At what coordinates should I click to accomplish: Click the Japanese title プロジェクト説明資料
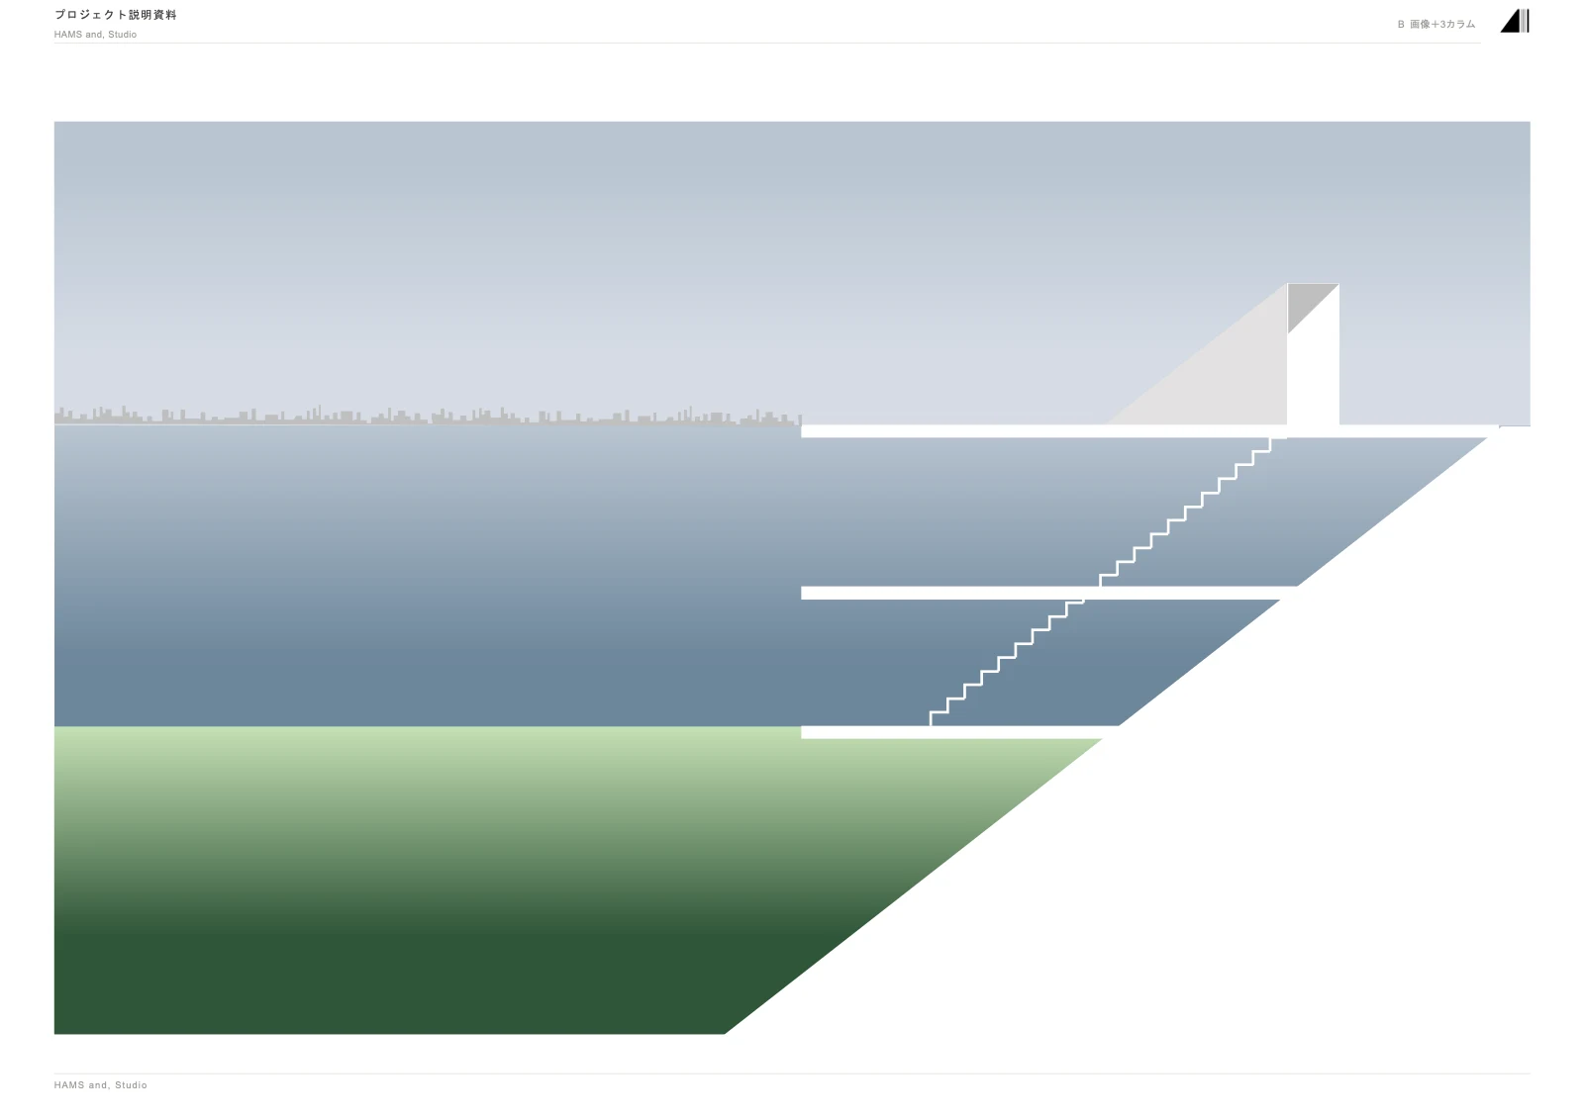tap(115, 15)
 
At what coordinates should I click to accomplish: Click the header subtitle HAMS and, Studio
tap(95, 35)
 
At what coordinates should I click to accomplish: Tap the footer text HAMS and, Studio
tap(100, 1085)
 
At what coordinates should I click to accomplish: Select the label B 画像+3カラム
tap(1436, 24)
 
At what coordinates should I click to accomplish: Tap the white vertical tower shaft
tap(1314, 375)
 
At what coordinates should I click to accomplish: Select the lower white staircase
tap(1007, 663)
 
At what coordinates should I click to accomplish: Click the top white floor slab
tap(1149, 431)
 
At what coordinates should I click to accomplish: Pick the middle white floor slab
tap(1046, 593)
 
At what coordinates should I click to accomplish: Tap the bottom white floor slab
tap(958, 732)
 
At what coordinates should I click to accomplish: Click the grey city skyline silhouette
tap(428, 418)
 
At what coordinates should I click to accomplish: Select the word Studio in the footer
tap(131, 1085)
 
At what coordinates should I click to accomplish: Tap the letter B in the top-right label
tap(1401, 24)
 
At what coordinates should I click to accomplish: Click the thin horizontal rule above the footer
tap(792, 1073)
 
